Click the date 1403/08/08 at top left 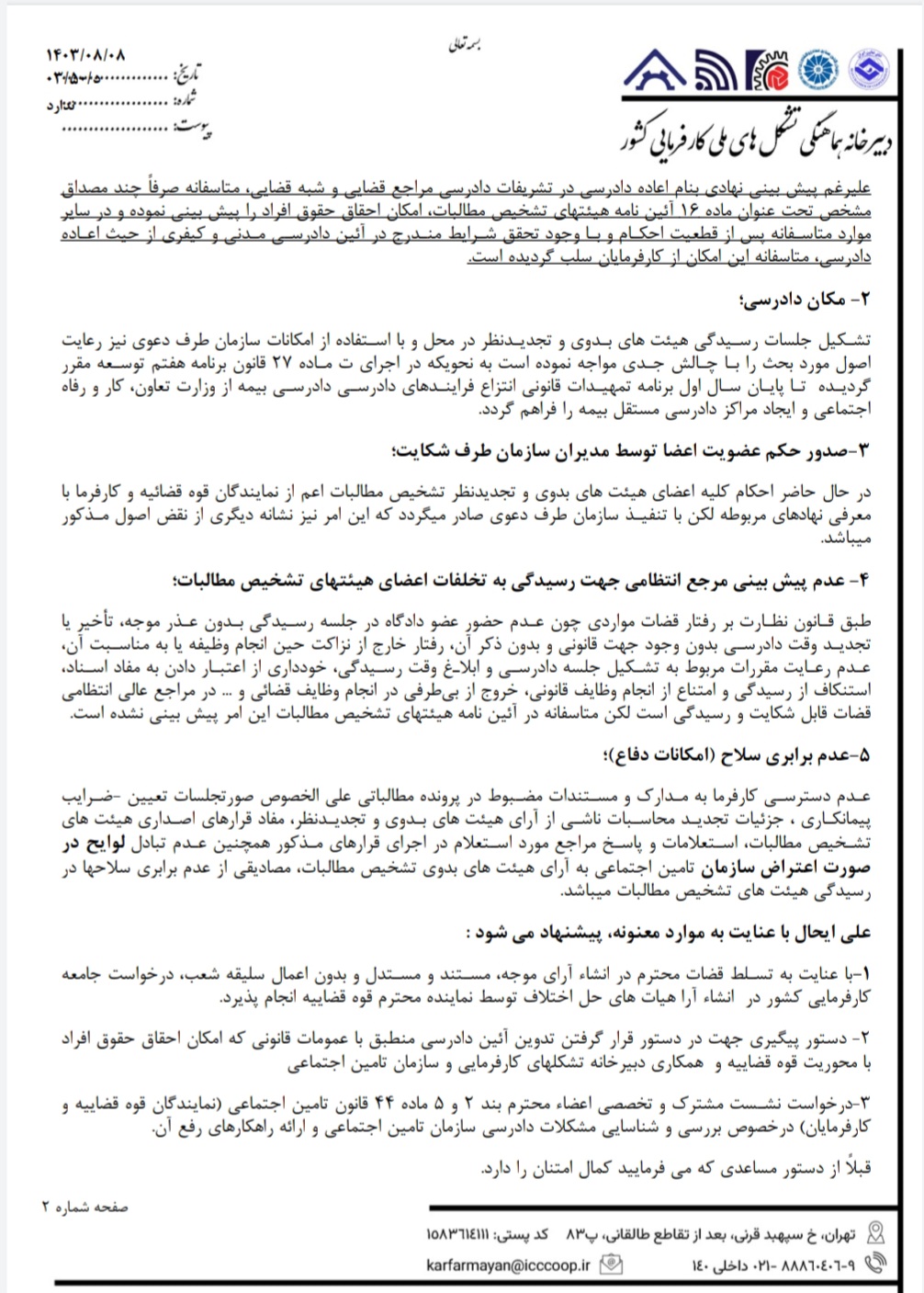(x=85, y=56)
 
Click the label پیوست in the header (x=195, y=127)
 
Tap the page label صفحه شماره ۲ (x=85, y=1206)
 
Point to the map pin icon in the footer (x=876, y=1232)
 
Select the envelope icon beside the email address (x=610, y=1265)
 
